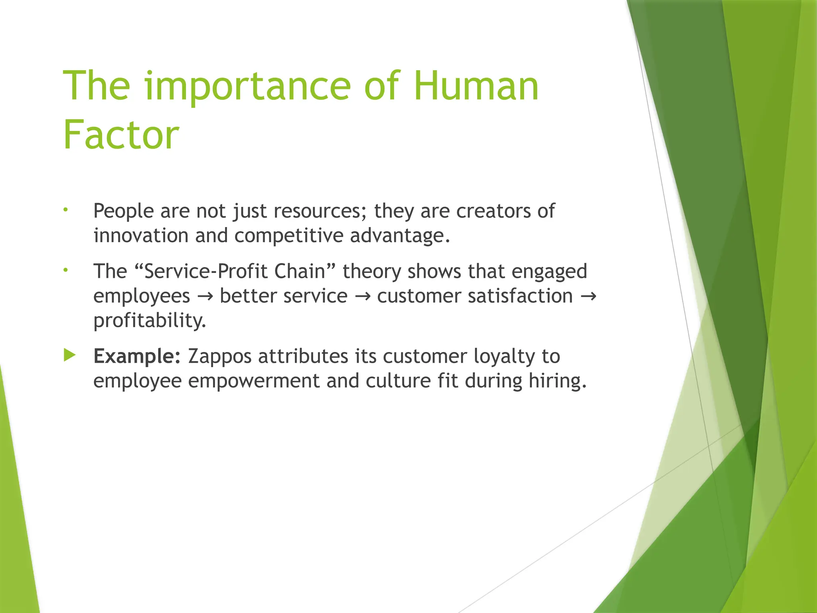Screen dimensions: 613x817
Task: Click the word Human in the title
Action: tap(476, 86)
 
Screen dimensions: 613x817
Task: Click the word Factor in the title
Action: tap(121, 135)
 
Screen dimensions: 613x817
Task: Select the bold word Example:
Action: tap(137, 356)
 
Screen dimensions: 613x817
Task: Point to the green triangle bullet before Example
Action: tap(69, 355)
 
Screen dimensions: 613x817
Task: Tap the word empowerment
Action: tap(254, 381)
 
